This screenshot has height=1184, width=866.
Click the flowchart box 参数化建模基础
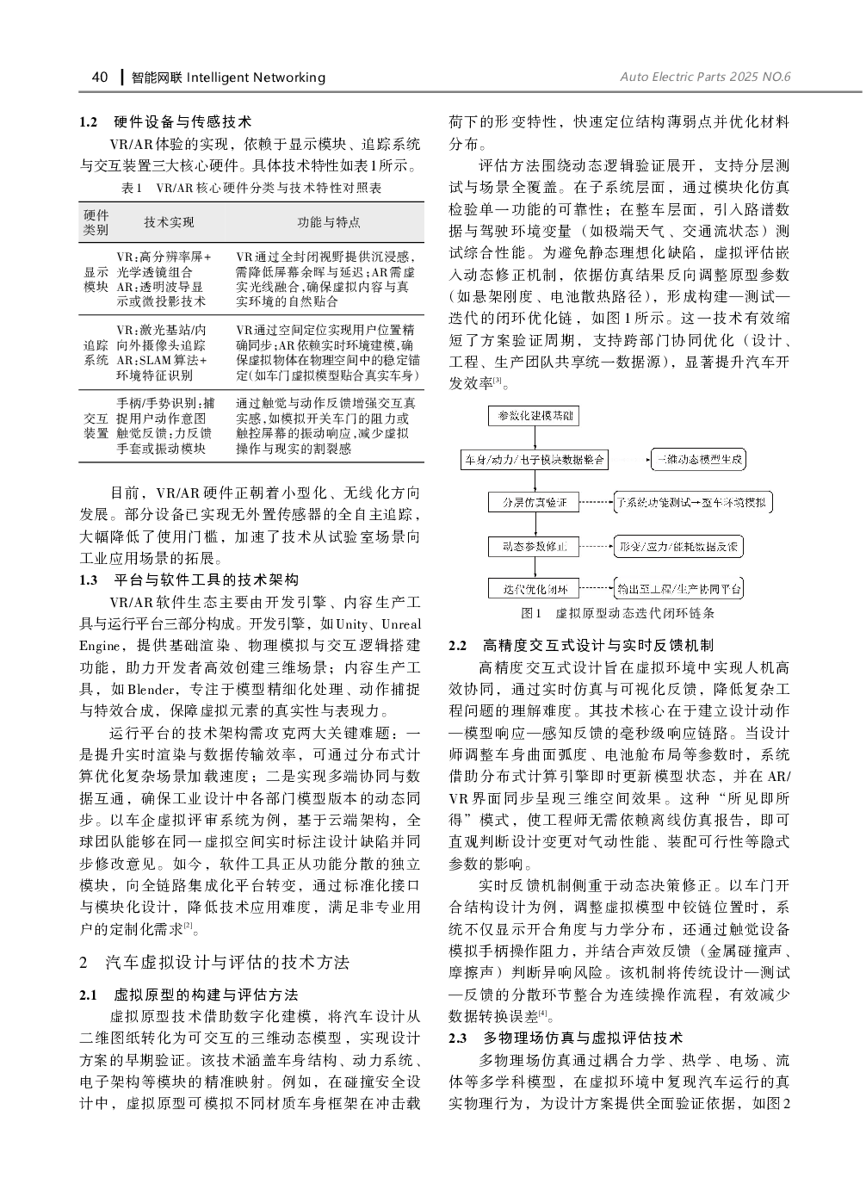(x=534, y=416)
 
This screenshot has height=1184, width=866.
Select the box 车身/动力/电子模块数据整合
(x=534, y=459)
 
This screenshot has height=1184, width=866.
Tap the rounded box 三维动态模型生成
(x=698, y=459)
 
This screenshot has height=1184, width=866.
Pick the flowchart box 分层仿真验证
(x=534, y=502)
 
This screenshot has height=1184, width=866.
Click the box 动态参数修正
(x=534, y=546)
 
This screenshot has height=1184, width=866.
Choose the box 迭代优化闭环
(x=534, y=589)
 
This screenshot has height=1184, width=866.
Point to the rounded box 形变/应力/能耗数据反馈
(x=678, y=546)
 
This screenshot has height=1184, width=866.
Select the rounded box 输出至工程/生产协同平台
(x=678, y=589)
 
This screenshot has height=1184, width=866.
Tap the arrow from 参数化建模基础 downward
(x=534, y=437)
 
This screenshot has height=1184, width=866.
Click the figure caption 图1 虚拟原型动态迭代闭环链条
(x=617, y=614)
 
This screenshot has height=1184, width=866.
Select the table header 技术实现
(x=169, y=222)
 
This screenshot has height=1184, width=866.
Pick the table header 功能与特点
(x=328, y=222)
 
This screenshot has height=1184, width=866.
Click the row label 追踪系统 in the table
(x=96, y=352)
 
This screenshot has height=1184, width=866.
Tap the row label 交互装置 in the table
(x=96, y=425)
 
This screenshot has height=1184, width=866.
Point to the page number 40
(x=99, y=77)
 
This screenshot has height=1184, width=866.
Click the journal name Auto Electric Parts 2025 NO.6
(x=704, y=77)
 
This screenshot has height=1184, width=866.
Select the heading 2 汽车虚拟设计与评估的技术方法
(x=214, y=962)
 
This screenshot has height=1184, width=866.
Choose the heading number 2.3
(x=459, y=1038)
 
